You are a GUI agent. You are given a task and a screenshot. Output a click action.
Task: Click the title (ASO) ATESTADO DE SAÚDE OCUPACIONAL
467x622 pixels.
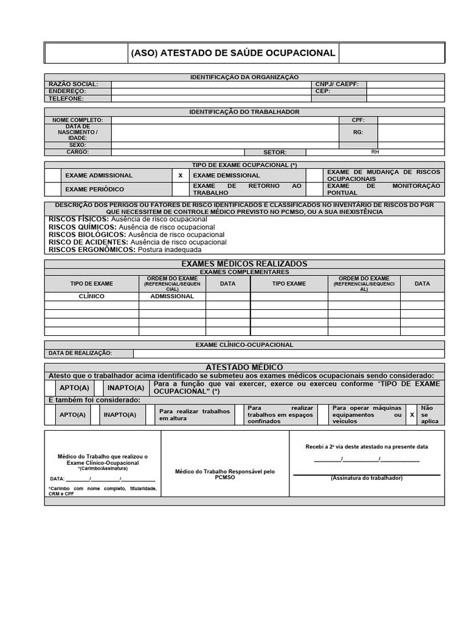[233, 53]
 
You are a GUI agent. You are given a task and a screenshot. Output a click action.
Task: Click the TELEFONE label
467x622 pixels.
[66, 98]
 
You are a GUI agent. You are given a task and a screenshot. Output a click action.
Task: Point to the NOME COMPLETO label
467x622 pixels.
[78, 120]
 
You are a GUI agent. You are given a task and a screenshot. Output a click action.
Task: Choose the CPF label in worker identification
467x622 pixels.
[358, 120]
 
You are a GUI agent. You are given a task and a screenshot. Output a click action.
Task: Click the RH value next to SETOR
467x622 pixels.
[375, 152]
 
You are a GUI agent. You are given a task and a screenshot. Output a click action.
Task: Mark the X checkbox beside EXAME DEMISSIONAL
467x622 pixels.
[180, 176]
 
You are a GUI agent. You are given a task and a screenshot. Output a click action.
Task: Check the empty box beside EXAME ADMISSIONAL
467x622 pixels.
[52, 176]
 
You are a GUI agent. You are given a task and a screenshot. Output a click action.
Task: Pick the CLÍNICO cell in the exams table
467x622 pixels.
[92, 296]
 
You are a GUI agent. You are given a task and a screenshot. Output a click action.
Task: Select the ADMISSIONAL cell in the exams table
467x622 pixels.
[172, 296]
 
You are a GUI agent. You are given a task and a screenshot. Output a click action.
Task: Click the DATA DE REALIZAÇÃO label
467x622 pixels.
[80, 354]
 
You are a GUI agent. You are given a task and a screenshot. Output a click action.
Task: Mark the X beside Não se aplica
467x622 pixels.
[412, 415]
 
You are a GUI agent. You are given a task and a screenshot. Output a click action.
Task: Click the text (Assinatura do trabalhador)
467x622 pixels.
[367, 479]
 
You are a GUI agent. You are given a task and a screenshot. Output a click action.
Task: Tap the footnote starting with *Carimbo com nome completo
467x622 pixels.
[103, 491]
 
